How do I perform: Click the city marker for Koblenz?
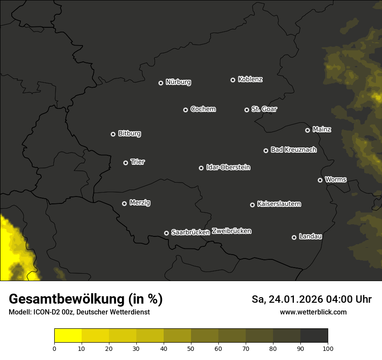tap(233, 80)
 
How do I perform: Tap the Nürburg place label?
tap(178, 82)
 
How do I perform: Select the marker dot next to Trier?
tap(126, 163)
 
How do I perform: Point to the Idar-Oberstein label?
tap(228, 167)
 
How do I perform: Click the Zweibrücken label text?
tap(231, 231)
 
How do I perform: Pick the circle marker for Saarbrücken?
tap(166, 233)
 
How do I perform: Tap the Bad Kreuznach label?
tap(293, 150)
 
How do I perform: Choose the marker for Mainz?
tap(307, 130)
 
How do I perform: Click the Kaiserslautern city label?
tap(279, 204)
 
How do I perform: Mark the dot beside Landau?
tap(294, 237)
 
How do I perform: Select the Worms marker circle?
tap(320, 180)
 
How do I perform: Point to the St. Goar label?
tap(264, 109)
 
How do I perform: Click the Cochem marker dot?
tap(185, 110)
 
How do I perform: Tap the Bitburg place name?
tap(129, 134)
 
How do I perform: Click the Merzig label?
tap(140, 203)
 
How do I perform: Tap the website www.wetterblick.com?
tap(313, 312)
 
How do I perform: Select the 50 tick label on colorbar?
tap(191, 348)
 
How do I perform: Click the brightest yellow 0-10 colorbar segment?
tap(68, 335)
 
